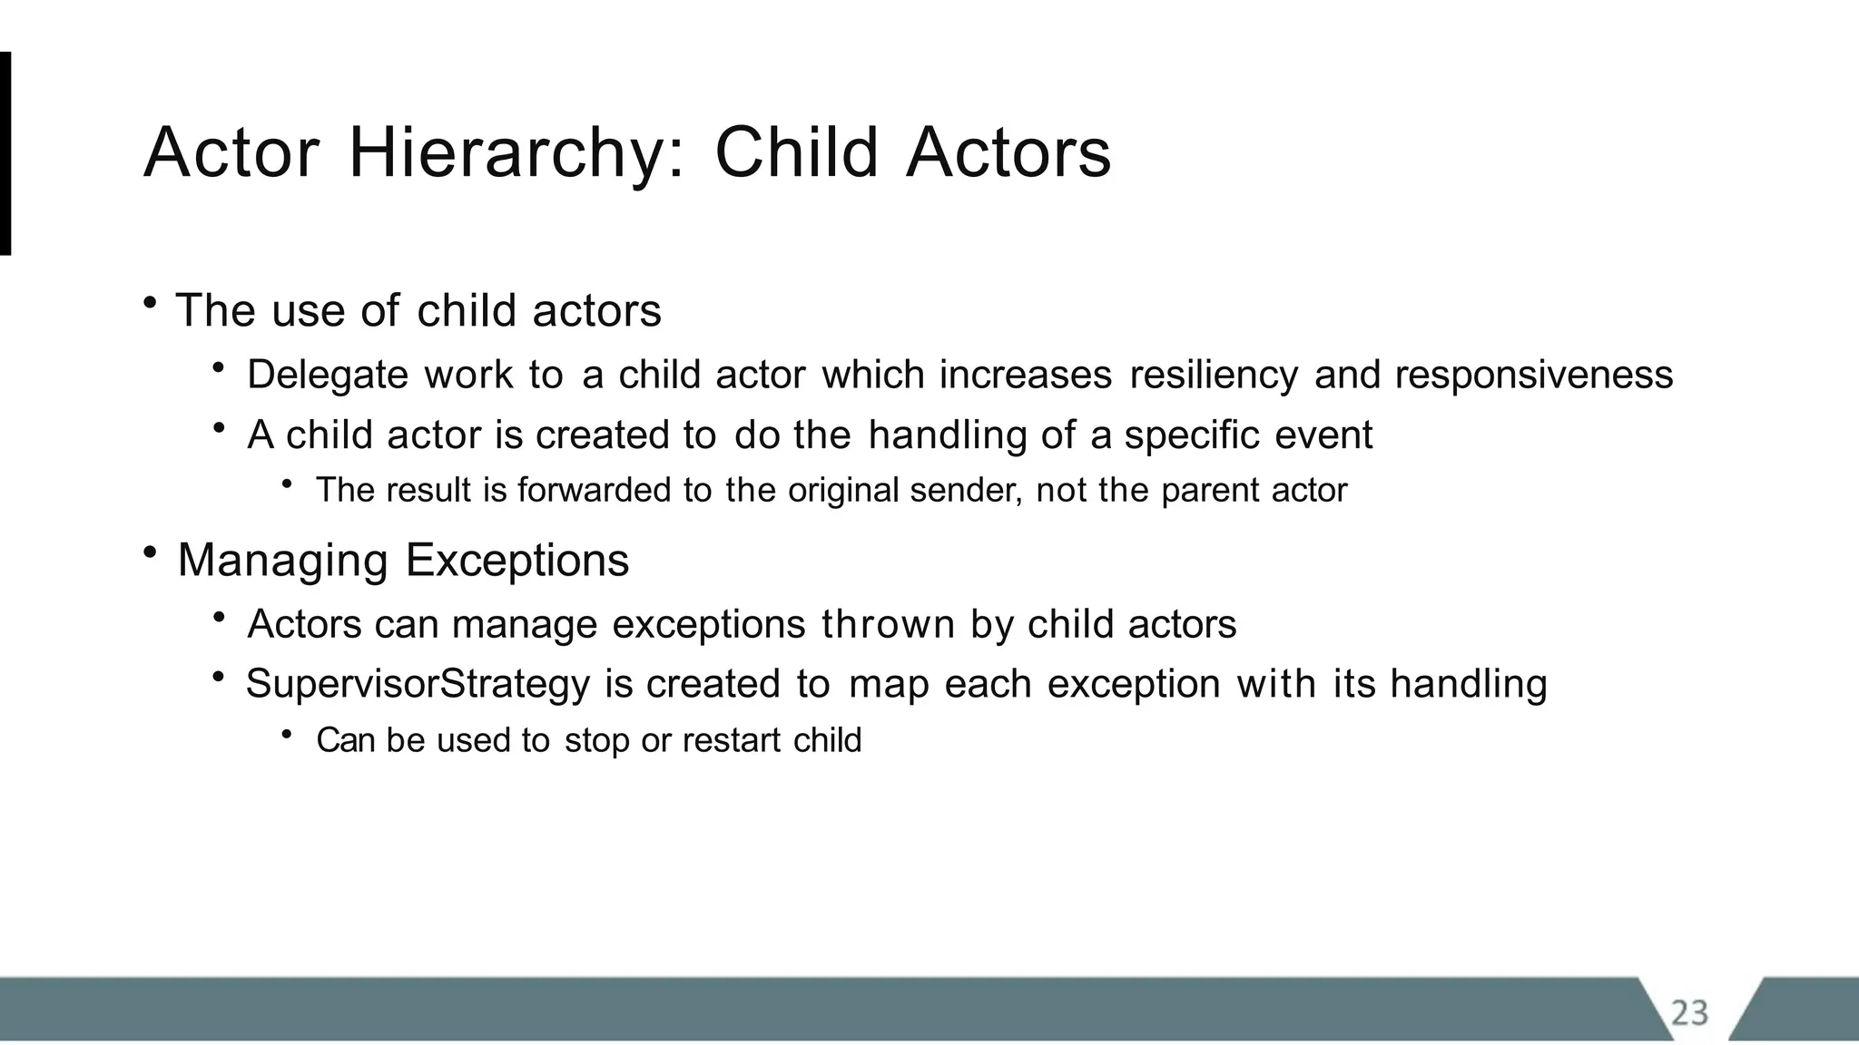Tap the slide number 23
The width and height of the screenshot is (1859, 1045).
[x=1689, y=1012]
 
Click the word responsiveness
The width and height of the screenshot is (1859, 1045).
[x=1533, y=375]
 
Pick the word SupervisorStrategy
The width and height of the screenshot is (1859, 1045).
[x=418, y=684]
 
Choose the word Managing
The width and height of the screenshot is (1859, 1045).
[x=282, y=560]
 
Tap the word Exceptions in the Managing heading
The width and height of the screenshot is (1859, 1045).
[x=517, y=560]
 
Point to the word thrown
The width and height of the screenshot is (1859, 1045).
[x=888, y=624]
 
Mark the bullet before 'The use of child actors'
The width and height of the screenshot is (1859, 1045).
[x=150, y=302]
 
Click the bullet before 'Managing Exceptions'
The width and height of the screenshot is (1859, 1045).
[x=150, y=552]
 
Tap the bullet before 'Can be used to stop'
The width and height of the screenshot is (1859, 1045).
[x=288, y=733]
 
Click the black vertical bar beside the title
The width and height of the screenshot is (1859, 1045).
[x=5, y=153]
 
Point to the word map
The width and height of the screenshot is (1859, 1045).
[x=889, y=684]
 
